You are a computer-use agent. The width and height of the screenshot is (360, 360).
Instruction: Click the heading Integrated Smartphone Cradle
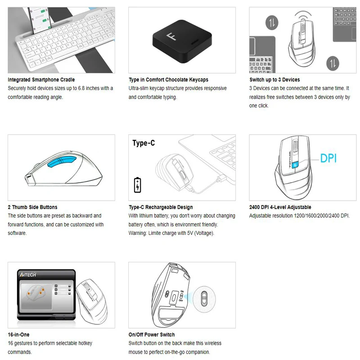tap(41, 80)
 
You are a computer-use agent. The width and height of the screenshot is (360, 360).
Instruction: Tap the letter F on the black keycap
tap(171, 36)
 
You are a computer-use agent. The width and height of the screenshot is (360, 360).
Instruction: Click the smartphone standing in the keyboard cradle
tap(39, 21)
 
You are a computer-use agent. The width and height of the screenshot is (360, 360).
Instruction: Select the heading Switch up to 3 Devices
tap(274, 80)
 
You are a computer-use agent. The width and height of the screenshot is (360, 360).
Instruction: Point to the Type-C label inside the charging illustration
tap(144, 143)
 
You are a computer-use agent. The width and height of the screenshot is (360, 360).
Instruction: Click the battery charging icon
tap(138, 185)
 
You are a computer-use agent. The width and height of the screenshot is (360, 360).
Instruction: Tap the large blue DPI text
tap(328, 158)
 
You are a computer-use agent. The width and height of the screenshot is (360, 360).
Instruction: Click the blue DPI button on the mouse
tap(295, 164)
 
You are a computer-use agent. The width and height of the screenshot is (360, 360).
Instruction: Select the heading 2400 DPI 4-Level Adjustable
tap(280, 207)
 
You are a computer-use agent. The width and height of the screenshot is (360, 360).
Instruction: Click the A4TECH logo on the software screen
tap(28, 274)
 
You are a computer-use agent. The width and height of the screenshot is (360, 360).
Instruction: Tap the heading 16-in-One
tap(18, 334)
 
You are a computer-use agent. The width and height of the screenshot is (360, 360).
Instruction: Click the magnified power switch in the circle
tap(204, 299)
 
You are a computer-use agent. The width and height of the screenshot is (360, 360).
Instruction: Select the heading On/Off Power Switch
tap(152, 334)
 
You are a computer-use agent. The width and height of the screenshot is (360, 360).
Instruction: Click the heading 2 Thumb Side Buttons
tap(32, 207)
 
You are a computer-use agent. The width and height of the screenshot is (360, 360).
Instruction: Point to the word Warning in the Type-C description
tap(137, 233)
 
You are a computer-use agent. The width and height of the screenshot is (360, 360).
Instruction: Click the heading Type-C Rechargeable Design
tap(161, 207)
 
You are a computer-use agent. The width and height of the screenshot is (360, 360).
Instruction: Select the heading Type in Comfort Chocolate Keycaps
tap(168, 80)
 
